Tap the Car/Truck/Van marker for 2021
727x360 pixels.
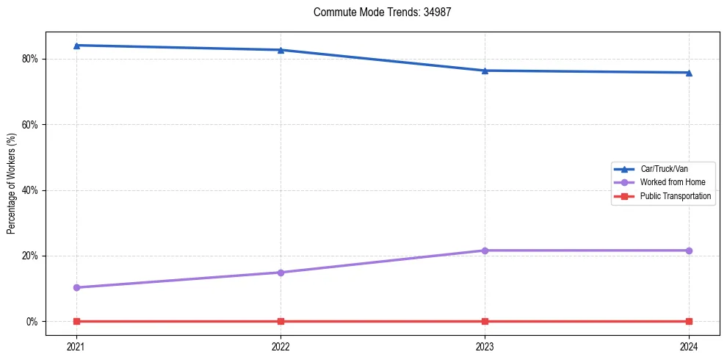76,46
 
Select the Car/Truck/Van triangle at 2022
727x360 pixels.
281,50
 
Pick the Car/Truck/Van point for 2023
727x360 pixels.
485,71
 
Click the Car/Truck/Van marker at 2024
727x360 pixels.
689,73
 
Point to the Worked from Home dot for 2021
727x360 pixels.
76,287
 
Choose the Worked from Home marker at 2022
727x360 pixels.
281,273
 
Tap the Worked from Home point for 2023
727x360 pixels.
485,251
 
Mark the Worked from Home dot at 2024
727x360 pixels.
689,251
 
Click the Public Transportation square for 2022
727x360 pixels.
281,321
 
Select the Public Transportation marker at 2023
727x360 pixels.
485,321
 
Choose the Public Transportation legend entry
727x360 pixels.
675,196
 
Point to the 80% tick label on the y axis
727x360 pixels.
32,59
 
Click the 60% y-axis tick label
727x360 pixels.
32,124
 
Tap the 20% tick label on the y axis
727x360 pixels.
32,256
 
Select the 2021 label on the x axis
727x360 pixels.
76,346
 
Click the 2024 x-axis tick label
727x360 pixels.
689,346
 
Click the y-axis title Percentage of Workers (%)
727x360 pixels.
11,184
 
